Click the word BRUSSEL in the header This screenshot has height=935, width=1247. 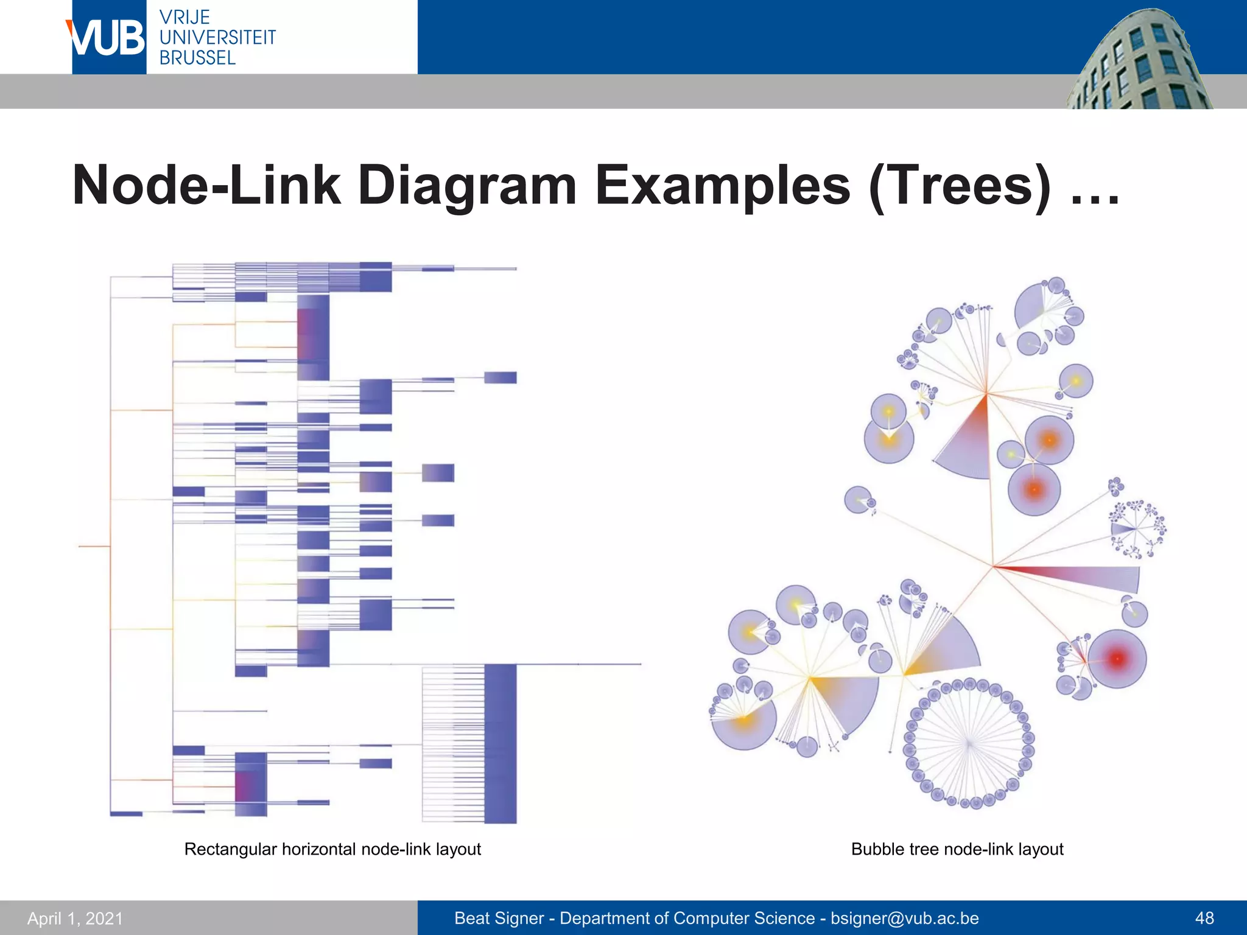click(197, 58)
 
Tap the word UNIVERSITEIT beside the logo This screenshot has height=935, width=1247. click(217, 38)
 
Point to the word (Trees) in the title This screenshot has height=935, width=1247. click(960, 186)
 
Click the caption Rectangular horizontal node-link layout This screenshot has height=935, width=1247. click(332, 849)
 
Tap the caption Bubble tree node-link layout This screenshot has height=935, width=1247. click(957, 849)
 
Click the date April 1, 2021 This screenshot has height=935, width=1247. click(75, 918)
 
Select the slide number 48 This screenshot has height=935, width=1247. click(1204, 918)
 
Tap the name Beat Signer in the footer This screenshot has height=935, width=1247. click(499, 918)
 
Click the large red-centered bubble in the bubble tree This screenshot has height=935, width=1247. click(1117, 659)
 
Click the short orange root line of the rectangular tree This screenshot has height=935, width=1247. click(94, 547)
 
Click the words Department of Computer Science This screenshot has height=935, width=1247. click(687, 918)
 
